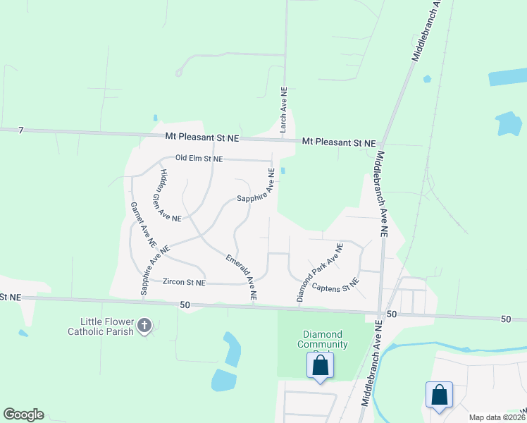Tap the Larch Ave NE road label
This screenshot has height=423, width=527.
[x=283, y=111]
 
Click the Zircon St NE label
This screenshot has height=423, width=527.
[x=184, y=282]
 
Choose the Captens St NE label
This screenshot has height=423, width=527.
[x=335, y=286]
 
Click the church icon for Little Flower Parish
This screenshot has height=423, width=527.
[x=144, y=326]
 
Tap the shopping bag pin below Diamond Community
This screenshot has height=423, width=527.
[x=320, y=366]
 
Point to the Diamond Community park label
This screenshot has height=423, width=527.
[x=322, y=339]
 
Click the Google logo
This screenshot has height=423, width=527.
[x=23, y=415]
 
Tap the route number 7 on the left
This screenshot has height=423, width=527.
[x=21, y=130]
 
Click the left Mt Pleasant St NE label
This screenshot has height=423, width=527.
[x=202, y=135]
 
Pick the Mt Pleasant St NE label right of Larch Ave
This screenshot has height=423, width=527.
[x=339, y=142]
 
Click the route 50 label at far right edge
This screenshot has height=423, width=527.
[x=506, y=319]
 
